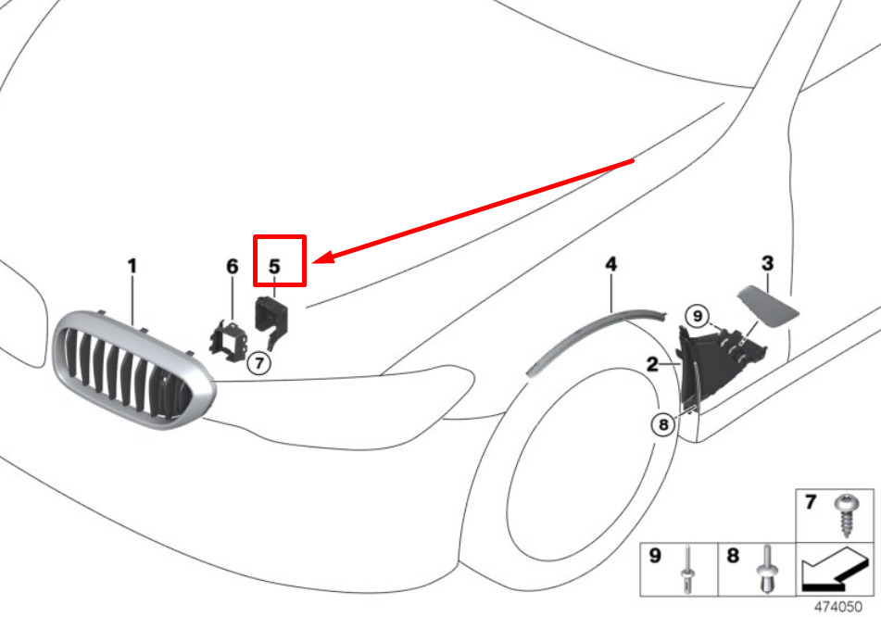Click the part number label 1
pyautogui.click(x=132, y=267)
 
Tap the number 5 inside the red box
pyautogui.click(x=274, y=267)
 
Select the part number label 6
pyautogui.click(x=233, y=267)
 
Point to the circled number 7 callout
pyautogui.click(x=259, y=363)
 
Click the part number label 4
pyautogui.click(x=611, y=265)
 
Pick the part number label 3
pyautogui.click(x=767, y=264)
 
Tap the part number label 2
pyautogui.click(x=652, y=365)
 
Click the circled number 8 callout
pyautogui.click(x=662, y=425)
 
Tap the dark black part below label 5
pyautogui.click(x=271, y=320)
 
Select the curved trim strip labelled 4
pyautogui.click(x=593, y=334)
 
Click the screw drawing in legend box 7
pyautogui.click(x=845, y=513)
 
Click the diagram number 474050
pyautogui.click(x=838, y=605)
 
